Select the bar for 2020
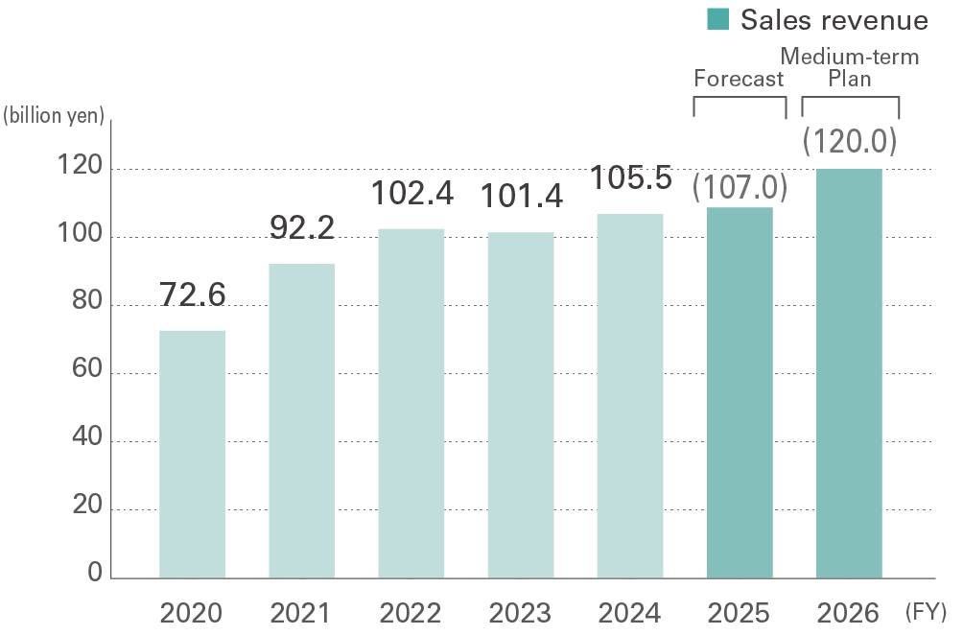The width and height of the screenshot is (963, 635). pos(192,454)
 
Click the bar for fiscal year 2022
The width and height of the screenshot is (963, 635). pos(411,403)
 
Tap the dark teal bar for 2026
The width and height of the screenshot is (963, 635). pos(849,374)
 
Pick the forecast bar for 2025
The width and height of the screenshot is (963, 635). pos(740,392)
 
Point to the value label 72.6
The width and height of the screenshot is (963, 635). pos(192,295)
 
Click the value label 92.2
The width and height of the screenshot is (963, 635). pos(301,228)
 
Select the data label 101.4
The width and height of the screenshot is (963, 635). pos(520,196)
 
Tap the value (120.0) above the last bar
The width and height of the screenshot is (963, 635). pos(849,141)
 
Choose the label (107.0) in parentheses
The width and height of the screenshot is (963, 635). pos(740,186)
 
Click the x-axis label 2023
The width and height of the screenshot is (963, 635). pos(520,612)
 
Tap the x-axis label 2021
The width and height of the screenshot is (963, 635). pos(301,612)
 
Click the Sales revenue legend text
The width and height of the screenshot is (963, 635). pos(834,19)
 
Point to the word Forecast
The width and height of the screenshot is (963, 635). pos(739,79)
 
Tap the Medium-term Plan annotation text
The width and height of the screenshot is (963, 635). pos(850,67)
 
